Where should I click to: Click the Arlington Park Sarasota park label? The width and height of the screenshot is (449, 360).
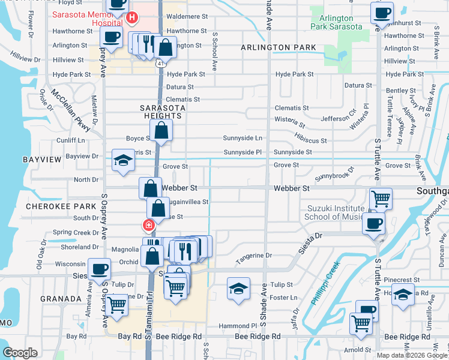(337, 22)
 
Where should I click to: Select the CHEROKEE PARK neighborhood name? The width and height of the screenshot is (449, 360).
(53, 206)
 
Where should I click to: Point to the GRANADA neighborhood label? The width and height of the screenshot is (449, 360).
(61, 298)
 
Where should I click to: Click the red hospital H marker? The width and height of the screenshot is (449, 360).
(132, 18)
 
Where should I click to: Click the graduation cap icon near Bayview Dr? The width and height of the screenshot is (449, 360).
(123, 160)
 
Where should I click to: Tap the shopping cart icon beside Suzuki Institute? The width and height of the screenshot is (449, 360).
(381, 197)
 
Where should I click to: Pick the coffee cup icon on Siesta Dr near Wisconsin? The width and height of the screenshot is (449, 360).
(98, 269)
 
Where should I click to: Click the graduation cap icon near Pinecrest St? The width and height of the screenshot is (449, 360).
(403, 294)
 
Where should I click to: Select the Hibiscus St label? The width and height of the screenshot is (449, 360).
(310, 140)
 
